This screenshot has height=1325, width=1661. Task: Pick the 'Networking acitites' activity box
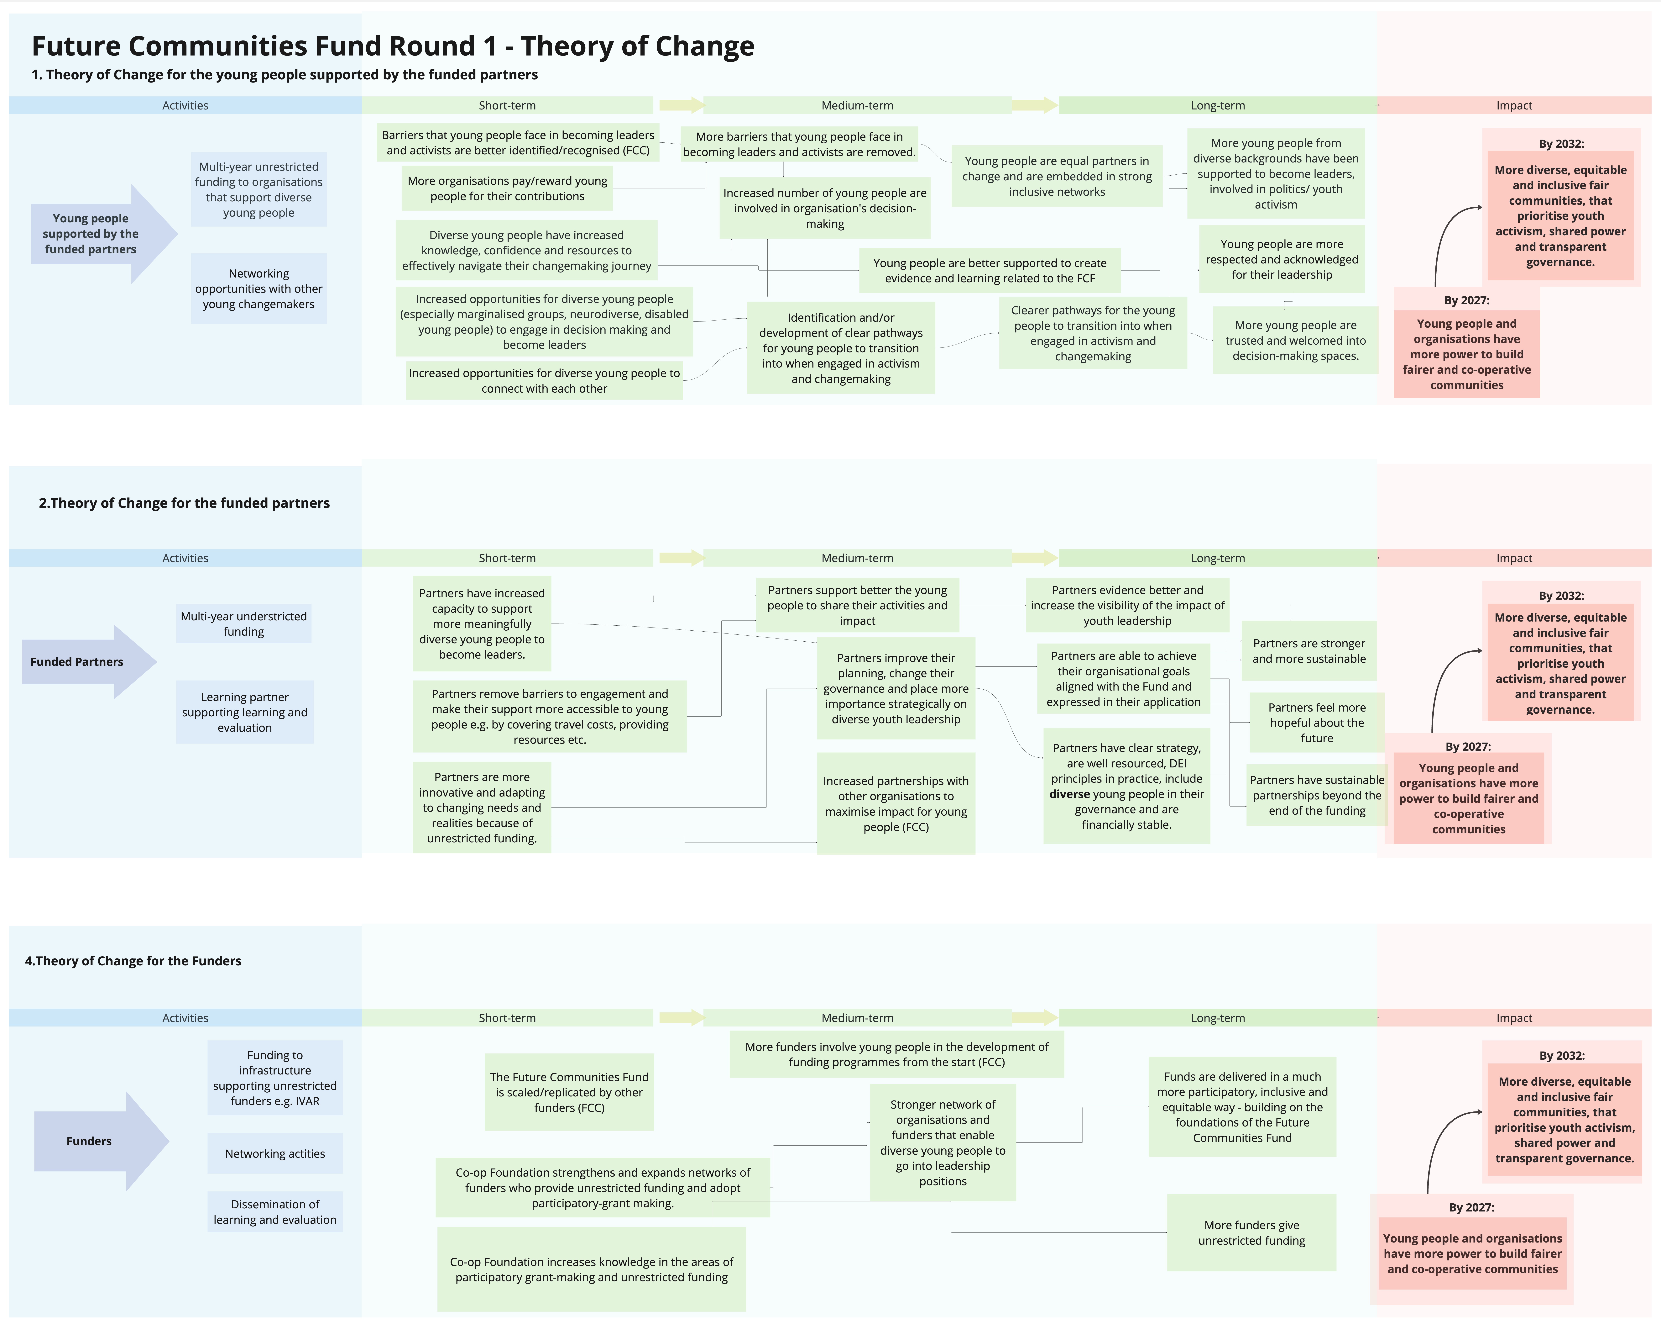(275, 1153)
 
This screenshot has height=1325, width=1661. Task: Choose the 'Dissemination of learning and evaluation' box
(275, 1212)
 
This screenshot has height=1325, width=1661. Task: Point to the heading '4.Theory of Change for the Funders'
(133, 960)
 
